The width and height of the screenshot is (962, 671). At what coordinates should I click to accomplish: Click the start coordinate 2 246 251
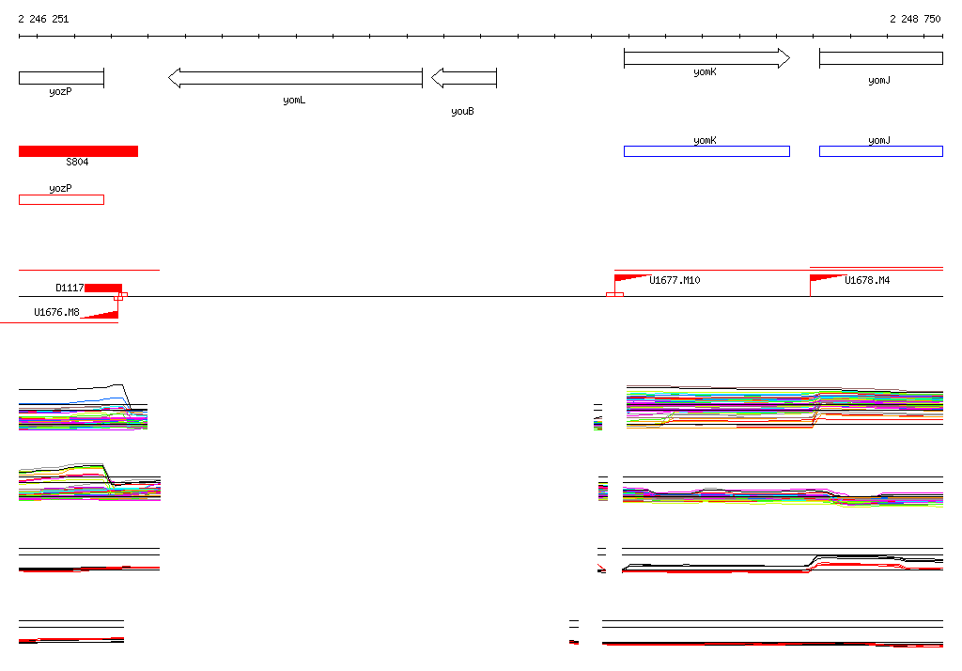[x=43, y=19]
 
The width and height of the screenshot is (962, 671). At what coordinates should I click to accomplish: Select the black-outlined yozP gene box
[x=61, y=78]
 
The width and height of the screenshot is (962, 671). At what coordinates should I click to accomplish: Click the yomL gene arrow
[x=296, y=78]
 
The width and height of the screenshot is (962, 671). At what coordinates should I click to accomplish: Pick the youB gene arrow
[x=464, y=78]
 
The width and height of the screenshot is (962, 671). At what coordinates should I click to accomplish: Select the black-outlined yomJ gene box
[x=880, y=58]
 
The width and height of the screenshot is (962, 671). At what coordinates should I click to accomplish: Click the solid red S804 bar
[x=78, y=151]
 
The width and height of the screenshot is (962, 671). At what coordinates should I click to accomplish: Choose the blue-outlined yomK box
[x=706, y=151]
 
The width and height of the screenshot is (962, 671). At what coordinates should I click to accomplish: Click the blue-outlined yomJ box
[x=880, y=151]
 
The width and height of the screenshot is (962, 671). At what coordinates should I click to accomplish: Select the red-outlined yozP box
[x=61, y=199]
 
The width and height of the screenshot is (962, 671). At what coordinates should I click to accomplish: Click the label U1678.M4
[x=867, y=280]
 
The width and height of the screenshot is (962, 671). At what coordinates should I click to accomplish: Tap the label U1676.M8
[x=56, y=312]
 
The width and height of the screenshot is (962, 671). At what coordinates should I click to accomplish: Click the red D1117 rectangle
[x=103, y=288]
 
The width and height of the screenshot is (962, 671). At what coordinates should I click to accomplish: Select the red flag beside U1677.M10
[x=629, y=278]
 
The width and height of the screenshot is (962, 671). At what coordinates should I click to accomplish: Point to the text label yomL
[x=294, y=100]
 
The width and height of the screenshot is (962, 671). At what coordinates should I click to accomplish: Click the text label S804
[x=77, y=163]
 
